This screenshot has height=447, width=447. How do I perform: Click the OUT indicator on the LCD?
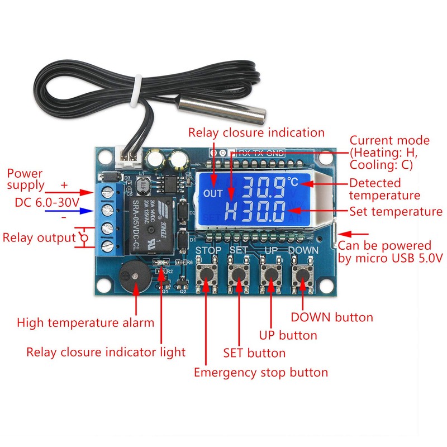pos(213,194)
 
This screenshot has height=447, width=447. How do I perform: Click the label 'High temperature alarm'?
pos(85,322)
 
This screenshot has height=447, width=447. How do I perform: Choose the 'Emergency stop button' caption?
pos(261,372)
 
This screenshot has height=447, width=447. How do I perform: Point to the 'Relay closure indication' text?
pos(256,132)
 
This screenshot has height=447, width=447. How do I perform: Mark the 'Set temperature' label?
pos(396,212)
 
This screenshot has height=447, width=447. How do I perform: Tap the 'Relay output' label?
pos(39,237)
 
